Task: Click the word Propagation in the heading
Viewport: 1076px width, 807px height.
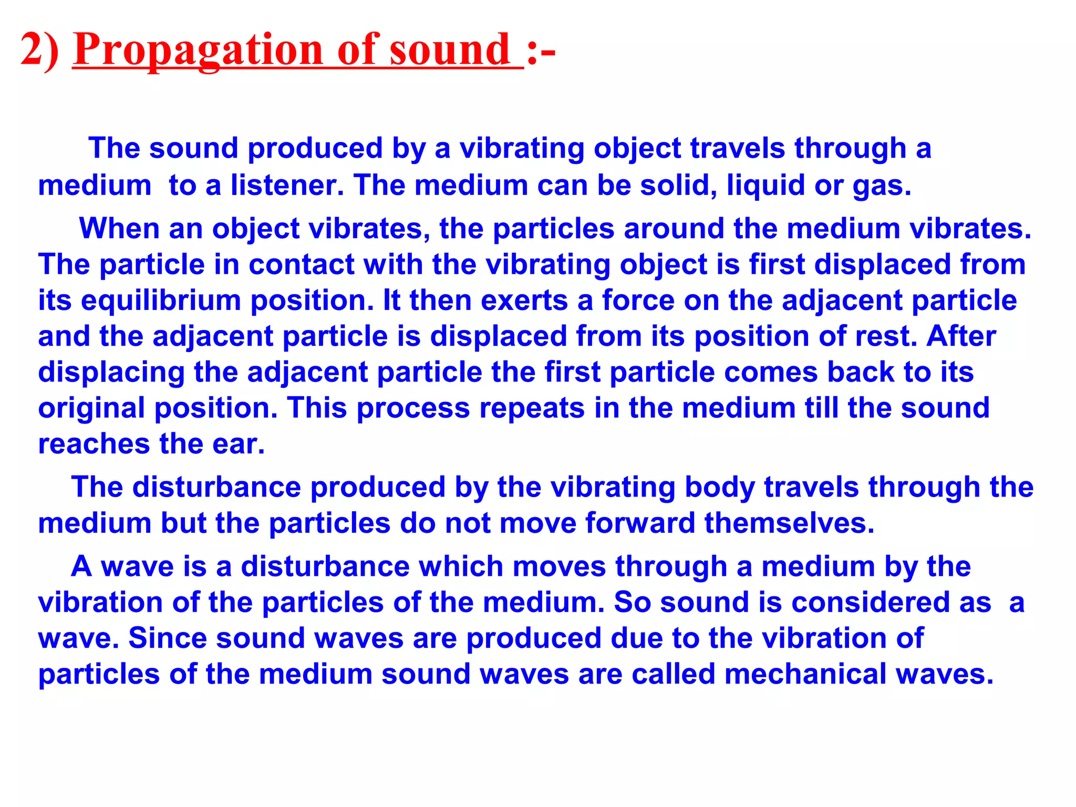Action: click(x=198, y=50)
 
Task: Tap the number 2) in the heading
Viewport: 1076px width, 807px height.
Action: click(x=40, y=50)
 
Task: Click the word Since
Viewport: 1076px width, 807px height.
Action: click(x=168, y=638)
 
